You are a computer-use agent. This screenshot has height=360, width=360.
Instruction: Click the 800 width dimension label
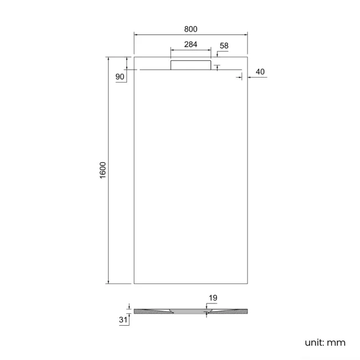pyautogui.click(x=191, y=29)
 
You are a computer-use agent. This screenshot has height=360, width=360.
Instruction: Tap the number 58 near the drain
pyautogui.click(x=224, y=45)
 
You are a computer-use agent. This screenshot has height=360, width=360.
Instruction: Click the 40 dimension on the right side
pyautogui.click(x=260, y=71)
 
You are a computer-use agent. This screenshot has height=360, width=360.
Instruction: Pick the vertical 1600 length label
pyautogui.click(x=102, y=170)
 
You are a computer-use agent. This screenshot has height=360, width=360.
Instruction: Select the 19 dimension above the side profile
pyautogui.click(x=213, y=298)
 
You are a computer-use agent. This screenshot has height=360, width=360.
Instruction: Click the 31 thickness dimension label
pyautogui.click(x=123, y=320)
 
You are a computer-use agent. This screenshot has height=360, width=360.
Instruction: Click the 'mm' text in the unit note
pyautogui.click(x=336, y=342)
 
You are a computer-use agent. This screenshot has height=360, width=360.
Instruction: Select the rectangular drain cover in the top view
pyautogui.click(x=191, y=65)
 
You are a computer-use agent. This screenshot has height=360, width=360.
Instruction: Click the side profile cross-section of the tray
pyautogui.click(x=191, y=312)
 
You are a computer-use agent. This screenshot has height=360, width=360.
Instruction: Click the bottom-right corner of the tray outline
pyautogui.click(x=247, y=284)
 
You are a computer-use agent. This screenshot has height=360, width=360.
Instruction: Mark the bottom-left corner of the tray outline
pyautogui.click(x=134, y=284)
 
